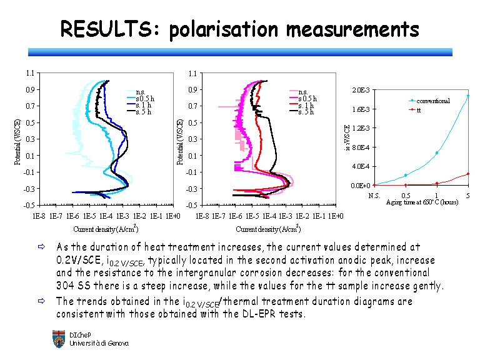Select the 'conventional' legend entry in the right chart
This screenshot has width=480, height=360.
[433, 101]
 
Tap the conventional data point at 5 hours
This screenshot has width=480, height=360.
[467, 96]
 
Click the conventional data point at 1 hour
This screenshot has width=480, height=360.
[436, 152]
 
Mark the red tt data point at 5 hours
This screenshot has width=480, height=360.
[467, 174]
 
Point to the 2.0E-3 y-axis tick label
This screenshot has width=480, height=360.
[361, 90]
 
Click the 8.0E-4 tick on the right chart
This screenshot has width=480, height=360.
[361, 147]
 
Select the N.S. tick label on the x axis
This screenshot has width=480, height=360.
[374, 196]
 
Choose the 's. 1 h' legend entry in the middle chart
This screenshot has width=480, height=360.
[307, 106]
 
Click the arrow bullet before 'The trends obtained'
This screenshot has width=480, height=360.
[42, 301]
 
